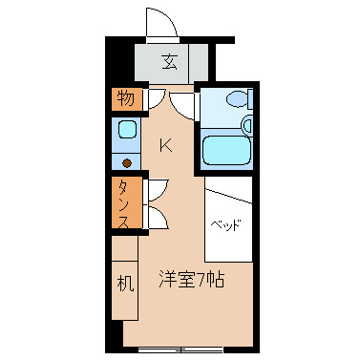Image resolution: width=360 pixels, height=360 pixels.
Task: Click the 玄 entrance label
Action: coord(169,63)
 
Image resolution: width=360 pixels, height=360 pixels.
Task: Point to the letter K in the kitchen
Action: coord(165,146)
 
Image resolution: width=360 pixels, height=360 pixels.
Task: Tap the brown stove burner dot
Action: coord(126,161)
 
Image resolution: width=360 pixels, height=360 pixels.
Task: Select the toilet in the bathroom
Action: coord(235,99)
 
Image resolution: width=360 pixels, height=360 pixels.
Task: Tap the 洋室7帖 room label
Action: coord(190,281)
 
